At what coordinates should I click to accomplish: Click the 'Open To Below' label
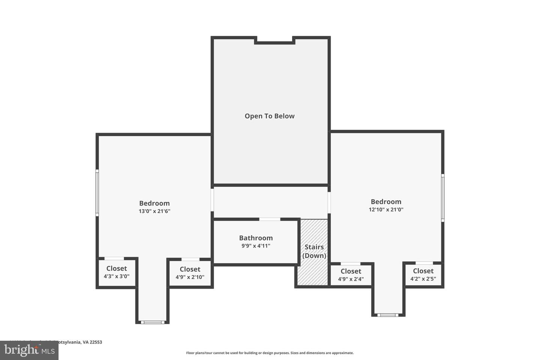pos(270,116)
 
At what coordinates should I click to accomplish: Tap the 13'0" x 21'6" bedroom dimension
pos(154,211)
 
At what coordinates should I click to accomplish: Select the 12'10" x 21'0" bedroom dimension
pos(386,210)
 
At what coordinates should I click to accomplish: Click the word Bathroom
pos(256,238)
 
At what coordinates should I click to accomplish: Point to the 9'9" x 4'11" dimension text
pos(256,246)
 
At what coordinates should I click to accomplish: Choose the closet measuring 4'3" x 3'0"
pos(117,273)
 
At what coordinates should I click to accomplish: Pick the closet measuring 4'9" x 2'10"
pos(190,273)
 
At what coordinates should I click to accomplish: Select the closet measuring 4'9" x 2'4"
pos(351,275)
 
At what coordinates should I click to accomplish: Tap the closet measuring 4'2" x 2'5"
pos(423,274)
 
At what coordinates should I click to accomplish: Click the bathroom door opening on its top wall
pos(270,219)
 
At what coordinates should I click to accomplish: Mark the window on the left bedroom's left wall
pos(97,193)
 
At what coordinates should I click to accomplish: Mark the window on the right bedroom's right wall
pos(442,198)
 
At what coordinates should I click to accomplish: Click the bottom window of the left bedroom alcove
pos(152,322)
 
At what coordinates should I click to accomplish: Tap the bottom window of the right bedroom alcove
pos(388,315)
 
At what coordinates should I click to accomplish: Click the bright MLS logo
pos(29,350)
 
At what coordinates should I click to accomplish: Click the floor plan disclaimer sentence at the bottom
pos(270,353)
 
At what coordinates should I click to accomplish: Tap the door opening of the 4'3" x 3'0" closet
pos(114,258)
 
